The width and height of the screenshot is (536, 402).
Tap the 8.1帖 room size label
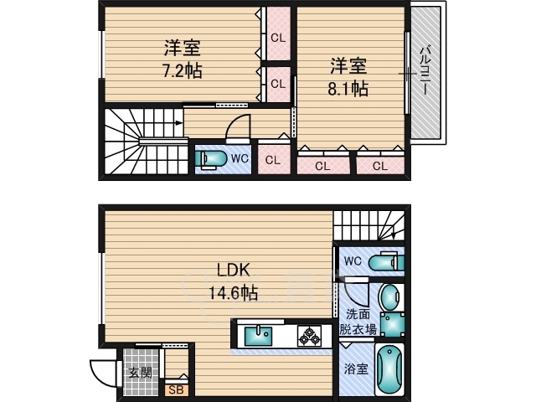pyautogui.click(x=348, y=76)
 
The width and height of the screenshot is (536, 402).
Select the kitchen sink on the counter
pyautogui.click(x=257, y=336)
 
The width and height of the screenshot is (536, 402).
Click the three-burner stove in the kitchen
pyautogui.click(x=310, y=336)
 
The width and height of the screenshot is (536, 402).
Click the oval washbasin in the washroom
pyautogui.click(x=390, y=296)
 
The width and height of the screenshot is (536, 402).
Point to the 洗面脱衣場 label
pyautogui.click(x=357, y=322)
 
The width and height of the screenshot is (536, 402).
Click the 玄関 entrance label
pyautogui.click(x=139, y=372)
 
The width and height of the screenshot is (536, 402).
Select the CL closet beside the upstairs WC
pyautogui.click(x=272, y=160)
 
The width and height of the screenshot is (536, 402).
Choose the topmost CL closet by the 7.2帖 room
pyautogui.click(x=277, y=37)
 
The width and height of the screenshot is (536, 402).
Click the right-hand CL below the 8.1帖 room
pyautogui.click(x=379, y=166)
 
